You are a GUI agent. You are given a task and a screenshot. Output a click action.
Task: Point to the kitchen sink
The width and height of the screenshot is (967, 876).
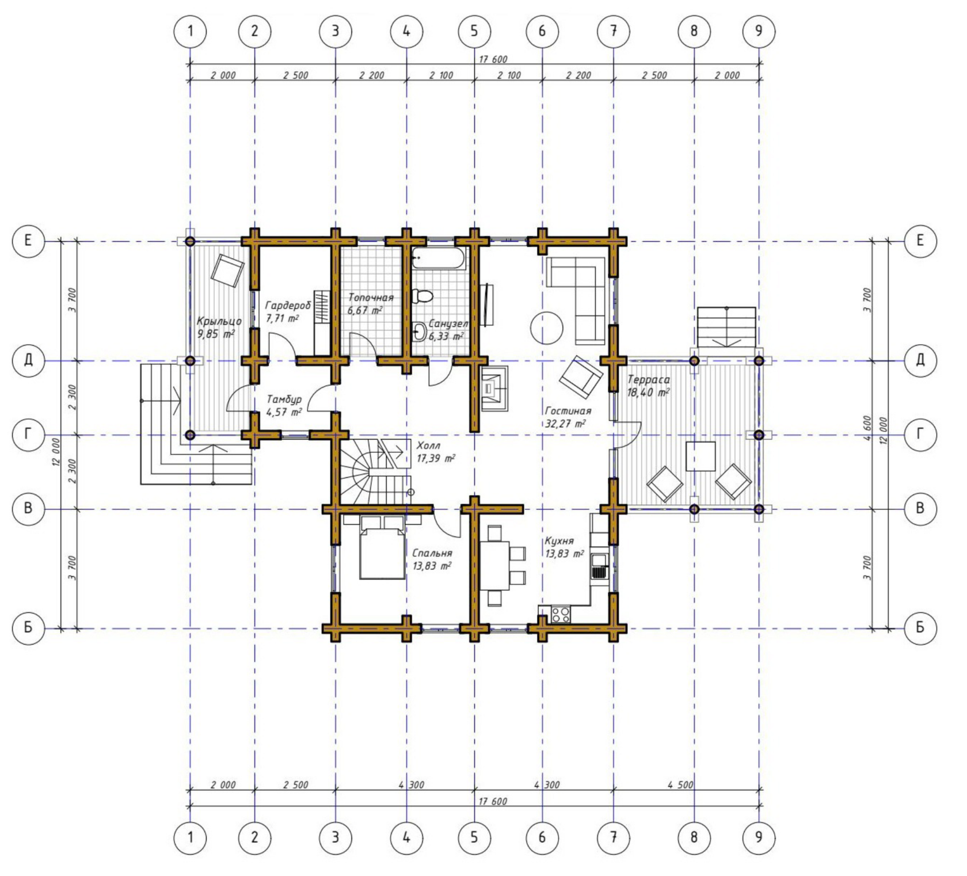(x=600, y=565)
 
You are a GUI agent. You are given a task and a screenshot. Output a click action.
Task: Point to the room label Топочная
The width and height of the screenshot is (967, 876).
(x=371, y=298)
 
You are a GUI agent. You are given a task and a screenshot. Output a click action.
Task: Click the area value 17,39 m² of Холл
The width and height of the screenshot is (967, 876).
(x=436, y=459)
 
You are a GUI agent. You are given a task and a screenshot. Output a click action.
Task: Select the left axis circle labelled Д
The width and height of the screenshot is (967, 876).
(x=28, y=360)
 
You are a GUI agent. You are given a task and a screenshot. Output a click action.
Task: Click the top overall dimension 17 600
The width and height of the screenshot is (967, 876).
(x=493, y=59)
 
